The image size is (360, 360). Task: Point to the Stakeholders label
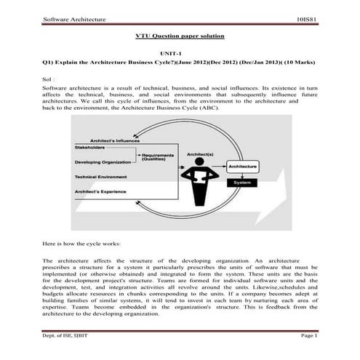click(90, 148)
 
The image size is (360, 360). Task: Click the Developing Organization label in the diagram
click(106, 162)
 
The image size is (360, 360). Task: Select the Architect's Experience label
click(101, 191)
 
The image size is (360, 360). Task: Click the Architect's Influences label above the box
click(114, 140)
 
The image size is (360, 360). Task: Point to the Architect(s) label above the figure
click(199, 155)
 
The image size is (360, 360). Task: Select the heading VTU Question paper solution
click(180, 35)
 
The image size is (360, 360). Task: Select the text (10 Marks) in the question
click(298, 63)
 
